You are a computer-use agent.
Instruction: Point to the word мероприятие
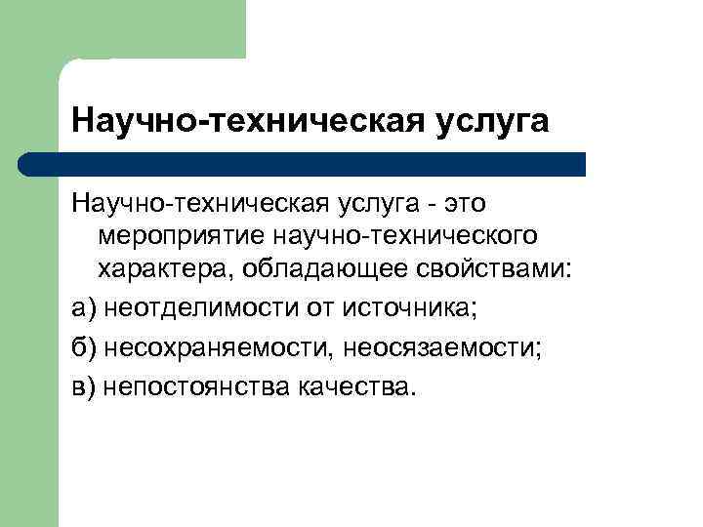(182, 237)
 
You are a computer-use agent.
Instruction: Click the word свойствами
(495, 269)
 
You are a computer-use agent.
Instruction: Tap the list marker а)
(84, 308)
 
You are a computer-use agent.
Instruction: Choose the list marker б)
(84, 347)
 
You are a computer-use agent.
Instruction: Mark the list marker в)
(84, 386)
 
